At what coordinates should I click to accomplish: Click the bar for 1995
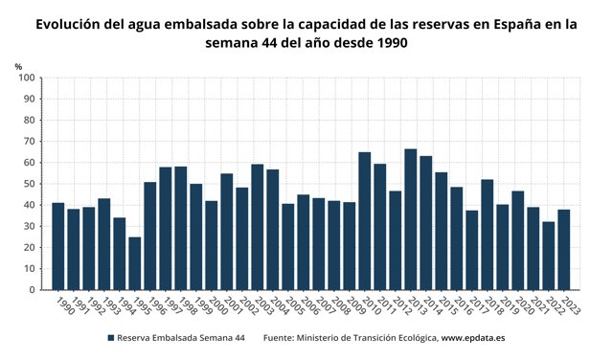[x=135, y=263]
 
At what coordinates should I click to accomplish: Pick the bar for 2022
[x=549, y=256]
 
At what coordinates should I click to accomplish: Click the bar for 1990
[x=58, y=246]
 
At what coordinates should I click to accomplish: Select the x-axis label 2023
[x=572, y=304]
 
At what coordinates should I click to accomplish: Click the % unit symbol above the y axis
[x=18, y=65]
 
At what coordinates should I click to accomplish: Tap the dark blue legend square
[x=111, y=339]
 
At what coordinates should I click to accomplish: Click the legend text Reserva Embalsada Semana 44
[x=180, y=339]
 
